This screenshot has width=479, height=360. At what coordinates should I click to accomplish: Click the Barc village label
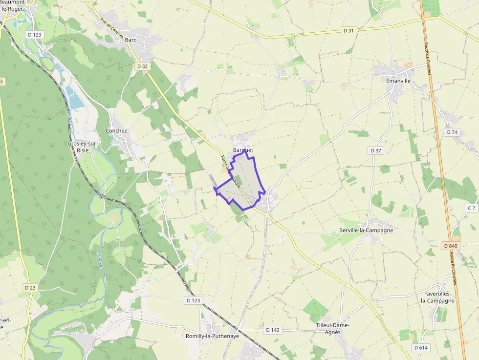click(131, 40)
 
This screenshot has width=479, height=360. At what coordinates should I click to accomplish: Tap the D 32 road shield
click(142, 66)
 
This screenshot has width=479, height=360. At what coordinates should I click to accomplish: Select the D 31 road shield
click(348, 30)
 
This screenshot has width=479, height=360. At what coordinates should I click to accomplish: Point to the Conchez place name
click(116, 131)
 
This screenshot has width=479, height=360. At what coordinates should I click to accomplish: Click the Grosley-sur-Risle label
click(83, 147)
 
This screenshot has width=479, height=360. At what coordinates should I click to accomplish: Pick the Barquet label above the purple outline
click(243, 150)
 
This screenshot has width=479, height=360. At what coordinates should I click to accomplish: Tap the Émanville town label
click(398, 81)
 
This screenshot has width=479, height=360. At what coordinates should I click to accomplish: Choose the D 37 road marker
click(375, 150)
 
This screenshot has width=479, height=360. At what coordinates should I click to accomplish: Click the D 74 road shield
click(452, 132)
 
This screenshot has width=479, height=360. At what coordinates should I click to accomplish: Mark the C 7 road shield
click(471, 208)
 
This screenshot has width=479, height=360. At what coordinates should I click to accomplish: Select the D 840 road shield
click(451, 246)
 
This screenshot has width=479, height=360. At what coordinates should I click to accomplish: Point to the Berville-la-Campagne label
click(366, 230)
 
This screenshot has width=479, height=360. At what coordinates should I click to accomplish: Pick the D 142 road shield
click(273, 330)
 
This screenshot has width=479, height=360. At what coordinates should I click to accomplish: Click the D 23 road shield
click(30, 288)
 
